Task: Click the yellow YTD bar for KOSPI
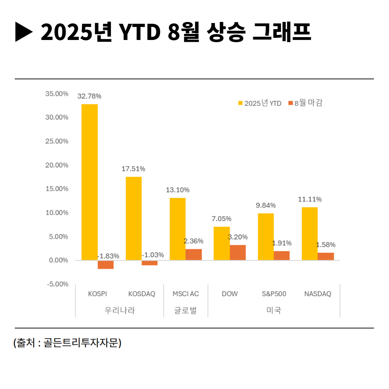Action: point(89,182)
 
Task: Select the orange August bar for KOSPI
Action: point(106,264)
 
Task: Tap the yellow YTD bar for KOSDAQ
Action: point(133,218)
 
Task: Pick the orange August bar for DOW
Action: point(238,252)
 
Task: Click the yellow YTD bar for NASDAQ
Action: point(309,233)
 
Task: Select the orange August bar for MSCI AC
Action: point(193,254)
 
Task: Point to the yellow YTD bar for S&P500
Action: point(265,237)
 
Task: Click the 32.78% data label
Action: point(89,96)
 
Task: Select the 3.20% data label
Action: point(238,237)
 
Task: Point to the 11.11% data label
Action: point(310,199)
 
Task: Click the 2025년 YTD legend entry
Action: point(260,103)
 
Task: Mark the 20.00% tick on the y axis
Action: point(57,165)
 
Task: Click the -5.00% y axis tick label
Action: point(57,284)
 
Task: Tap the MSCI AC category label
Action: point(185,294)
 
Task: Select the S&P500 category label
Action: point(274,294)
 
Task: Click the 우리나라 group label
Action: point(120,310)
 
